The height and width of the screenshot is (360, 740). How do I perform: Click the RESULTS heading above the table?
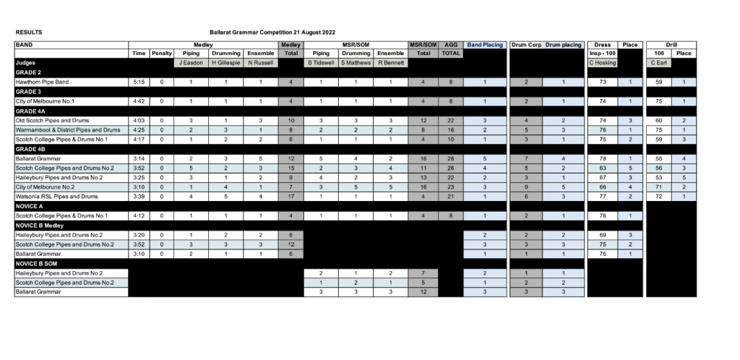pyautogui.click(x=29, y=33)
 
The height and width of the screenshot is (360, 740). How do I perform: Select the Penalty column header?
pyautogui.click(x=160, y=53)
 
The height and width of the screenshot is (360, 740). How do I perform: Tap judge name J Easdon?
pyautogui.click(x=191, y=63)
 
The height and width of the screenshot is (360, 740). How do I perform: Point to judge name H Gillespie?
pyautogui.click(x=225, y=63)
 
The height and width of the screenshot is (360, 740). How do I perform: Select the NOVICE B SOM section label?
pyautogui.click(x=38, y=263)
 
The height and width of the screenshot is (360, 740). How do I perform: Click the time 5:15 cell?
pyautogui.click(x=138, y=82)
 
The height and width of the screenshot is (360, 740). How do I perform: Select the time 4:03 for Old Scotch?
pyautogui.click(x=138, y=120)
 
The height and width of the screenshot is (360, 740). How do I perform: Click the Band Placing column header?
pyautogui.click(x=485, y=45)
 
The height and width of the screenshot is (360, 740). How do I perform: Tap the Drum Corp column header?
pyautogui.click(x=526, y=45)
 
